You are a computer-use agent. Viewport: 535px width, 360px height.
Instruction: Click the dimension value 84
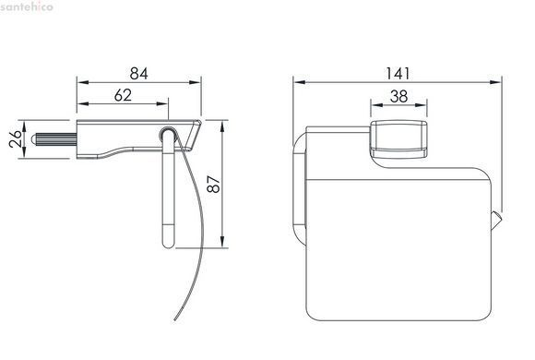139,74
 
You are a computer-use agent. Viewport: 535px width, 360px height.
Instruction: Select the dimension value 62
123,95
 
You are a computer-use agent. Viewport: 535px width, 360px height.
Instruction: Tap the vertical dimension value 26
16,138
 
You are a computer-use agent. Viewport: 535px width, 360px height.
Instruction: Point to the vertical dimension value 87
214,184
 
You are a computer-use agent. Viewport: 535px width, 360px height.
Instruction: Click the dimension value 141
398,74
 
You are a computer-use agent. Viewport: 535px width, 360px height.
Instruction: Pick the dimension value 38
398,96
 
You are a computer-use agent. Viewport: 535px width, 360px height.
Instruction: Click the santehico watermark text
27,6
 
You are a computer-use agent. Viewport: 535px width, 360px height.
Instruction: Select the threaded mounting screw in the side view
53,139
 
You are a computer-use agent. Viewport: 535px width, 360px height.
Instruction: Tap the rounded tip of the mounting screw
33,139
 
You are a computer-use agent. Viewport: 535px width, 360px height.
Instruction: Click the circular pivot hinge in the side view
167,133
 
